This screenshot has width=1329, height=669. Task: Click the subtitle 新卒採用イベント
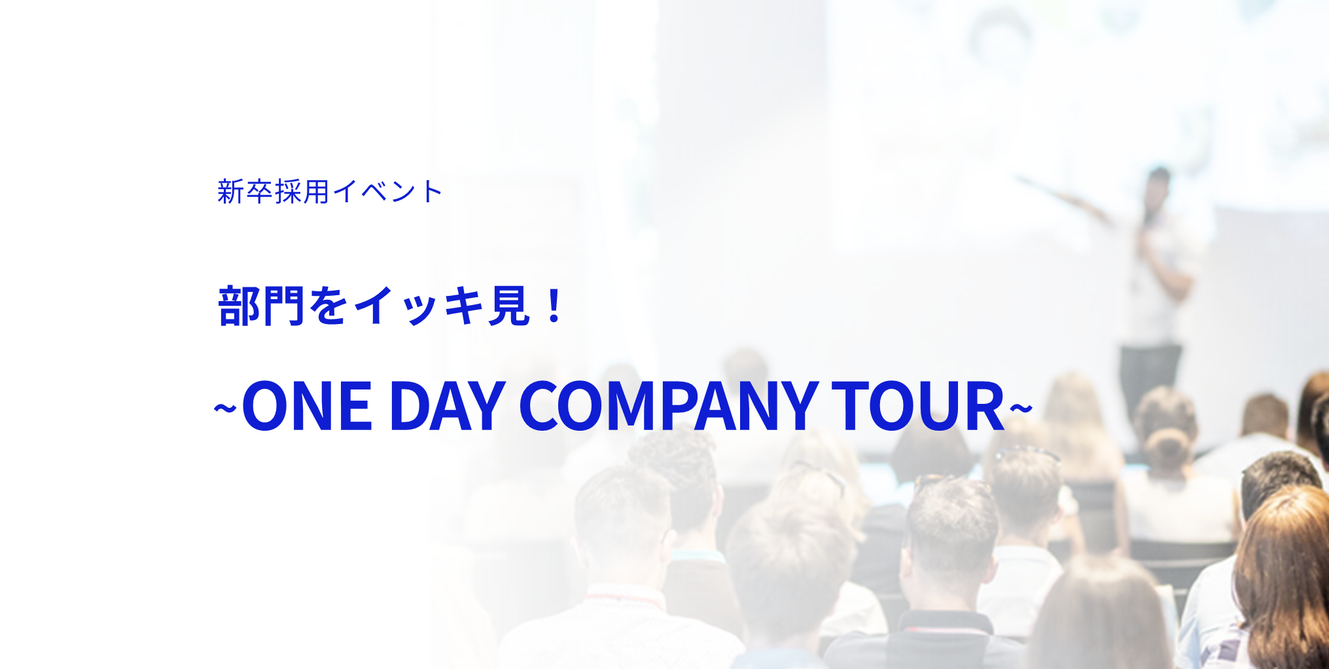(x=330, y=192)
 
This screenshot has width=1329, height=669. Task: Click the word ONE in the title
(x=307, y=407)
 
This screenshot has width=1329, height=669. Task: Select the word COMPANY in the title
(x=668, y=407)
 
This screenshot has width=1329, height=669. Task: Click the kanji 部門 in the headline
(x=261, y=306)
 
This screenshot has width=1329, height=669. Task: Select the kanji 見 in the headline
(x=508, y=306)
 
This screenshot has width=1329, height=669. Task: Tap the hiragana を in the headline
(x=328, y=306)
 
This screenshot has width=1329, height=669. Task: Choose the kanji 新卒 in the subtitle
(x=245, y=192)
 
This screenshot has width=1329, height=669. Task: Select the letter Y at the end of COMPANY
(x=796, y=407)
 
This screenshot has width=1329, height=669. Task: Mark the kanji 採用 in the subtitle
(x=302, y=192)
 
